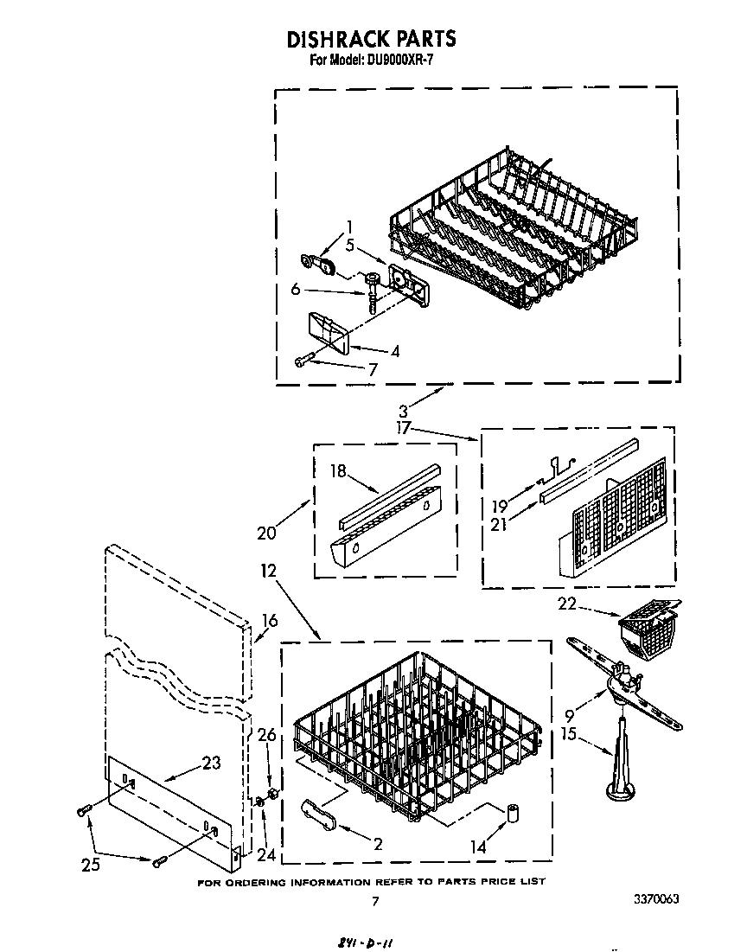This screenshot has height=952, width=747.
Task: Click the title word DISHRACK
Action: pyautogui.click(x=336, y=39)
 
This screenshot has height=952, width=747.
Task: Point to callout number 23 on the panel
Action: pyautogui.click(x=210, y=763)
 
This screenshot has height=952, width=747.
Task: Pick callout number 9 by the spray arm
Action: pyautogui.click(x=569, y=715)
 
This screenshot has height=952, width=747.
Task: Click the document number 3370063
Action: pyautogui.click(x=650, y=899)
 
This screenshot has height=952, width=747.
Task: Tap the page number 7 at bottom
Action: pyautogui.click(x=374, y=902)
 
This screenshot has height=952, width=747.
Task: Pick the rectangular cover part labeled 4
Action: pyautogui.click(x=327, y=334)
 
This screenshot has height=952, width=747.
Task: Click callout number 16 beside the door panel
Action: pyautogui.click(x=270, y=620)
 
